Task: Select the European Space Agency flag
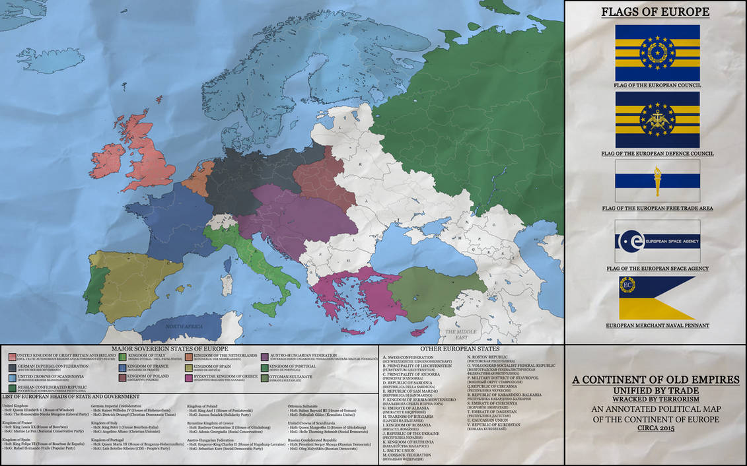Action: pos(657,241)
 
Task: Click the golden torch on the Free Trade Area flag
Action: pos(657,182)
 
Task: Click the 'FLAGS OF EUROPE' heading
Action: pos(655,12)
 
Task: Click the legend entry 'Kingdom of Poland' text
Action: pos(146,376)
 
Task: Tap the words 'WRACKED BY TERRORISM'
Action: pos(655,399)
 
